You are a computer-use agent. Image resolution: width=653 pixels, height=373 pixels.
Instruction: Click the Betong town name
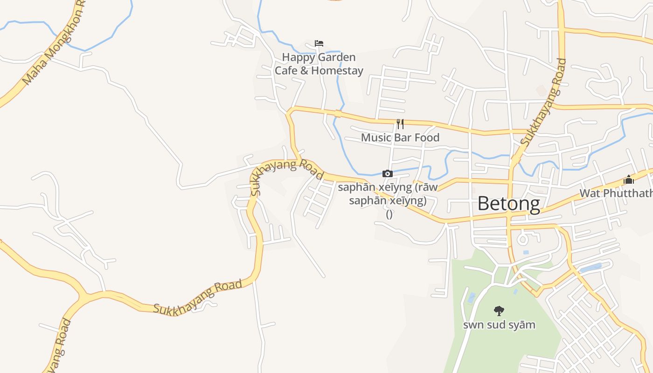[x=508, y=204]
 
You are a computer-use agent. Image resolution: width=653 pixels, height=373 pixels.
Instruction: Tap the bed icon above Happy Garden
[x=319, y=43]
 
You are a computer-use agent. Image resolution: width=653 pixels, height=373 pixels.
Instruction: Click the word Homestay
[x=337, y=71]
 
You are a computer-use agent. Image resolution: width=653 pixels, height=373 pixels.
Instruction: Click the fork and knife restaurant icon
[x=400, y=124]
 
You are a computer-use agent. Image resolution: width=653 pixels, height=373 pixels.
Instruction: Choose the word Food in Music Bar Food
[x=427, y=138]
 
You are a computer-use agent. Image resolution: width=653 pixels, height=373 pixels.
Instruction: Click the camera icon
[x=387, y=174]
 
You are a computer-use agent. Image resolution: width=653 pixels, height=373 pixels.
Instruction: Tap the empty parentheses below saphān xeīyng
[x=389, y=214]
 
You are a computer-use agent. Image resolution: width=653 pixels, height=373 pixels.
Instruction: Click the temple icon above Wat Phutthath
[x=629, y=180]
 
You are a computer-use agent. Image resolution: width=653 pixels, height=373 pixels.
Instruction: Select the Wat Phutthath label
[x=616, y=193]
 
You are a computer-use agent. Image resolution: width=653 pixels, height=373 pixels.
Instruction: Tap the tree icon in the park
[x=499, y=311]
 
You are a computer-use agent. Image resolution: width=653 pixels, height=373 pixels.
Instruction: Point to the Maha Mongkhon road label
[x=54, y=44]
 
